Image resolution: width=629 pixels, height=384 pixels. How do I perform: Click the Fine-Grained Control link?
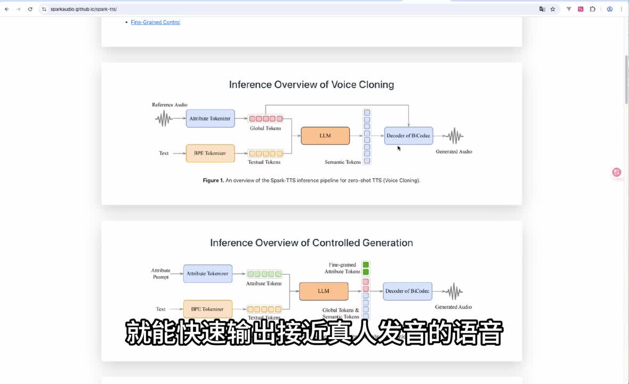click(x=155, y=22)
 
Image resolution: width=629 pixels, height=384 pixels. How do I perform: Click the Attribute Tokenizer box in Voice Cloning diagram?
click(x=210, y=118)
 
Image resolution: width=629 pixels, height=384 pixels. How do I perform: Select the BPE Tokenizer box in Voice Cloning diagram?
click(x=210, y=153)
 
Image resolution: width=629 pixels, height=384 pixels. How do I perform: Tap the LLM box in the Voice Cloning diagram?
click(x=325, y=135)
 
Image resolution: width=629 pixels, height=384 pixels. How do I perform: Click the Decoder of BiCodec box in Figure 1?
click(x=409, y=135)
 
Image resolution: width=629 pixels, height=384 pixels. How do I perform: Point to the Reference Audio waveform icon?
click(x=164, y=119)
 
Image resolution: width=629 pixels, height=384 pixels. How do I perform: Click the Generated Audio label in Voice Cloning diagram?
click(x=454, y=151)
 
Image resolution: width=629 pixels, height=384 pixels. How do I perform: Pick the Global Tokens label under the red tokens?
click(x=265, y=129)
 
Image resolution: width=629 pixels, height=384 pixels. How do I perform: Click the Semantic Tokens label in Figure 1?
click(x=343, y=162)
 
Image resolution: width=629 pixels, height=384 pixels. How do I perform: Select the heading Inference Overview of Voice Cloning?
click(x=311, y=85)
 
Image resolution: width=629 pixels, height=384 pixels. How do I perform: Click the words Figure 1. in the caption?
click(x=213, y=180)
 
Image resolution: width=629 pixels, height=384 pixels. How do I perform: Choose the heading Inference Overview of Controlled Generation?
click(x=311, y=243)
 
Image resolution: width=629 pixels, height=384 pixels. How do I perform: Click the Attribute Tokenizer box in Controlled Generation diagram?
click(x=207, y=274)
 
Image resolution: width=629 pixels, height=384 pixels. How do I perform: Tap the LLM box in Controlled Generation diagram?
click(x=324, y=291)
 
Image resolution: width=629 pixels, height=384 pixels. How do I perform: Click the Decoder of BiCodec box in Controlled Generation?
click(x=407, y=291)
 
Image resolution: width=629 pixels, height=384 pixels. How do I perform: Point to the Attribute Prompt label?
click(x=160, y=274)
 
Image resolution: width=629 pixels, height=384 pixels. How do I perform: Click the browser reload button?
click(x=30, y=9)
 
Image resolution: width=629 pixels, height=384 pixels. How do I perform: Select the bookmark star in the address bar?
click(x=553, y=9)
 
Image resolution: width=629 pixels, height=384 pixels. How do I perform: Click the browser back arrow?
click(x=6, y=9)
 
